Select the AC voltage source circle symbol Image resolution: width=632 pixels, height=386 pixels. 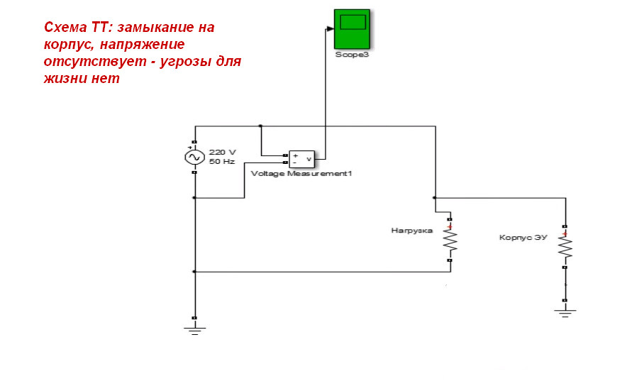coord(194,157)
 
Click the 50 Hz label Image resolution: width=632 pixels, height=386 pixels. coord(221,161)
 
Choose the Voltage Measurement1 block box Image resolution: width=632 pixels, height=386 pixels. coord(302,158)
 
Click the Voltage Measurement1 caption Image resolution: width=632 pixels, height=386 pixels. coord(301,173)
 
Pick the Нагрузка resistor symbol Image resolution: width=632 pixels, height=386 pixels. coord(450,243)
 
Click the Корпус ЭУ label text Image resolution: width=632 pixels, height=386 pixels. coord(523,237)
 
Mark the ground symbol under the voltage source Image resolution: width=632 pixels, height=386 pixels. coord(194,328)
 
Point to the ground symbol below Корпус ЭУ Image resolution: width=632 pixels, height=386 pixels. coord(565,311)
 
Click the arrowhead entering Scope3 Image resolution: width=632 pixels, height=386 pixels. coord(330,29)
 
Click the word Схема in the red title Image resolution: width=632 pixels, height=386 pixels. coord(63,28)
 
